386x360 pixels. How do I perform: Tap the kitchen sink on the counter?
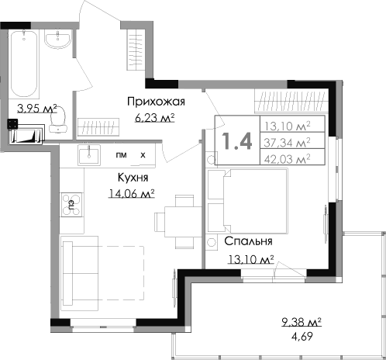click(x=91, y=155)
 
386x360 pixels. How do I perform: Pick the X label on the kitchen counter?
click(x=142, y=155)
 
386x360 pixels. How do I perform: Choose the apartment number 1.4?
click(x=236, y=141)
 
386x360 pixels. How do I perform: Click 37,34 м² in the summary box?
click(x=286, y=141)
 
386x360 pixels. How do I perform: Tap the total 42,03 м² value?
click(x=286, y=158)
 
